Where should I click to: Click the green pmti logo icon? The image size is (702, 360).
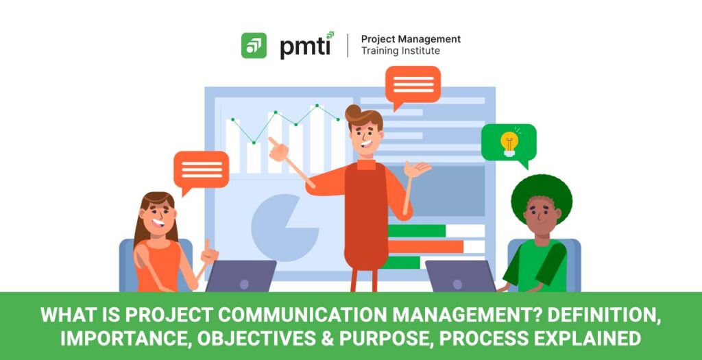click(254, 46)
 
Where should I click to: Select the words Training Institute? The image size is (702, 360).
click(400, 51)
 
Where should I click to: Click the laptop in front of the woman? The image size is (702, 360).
click(241, 276)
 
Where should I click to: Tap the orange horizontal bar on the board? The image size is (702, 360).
click(425, 247)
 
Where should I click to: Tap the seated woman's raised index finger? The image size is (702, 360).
click(207, 245)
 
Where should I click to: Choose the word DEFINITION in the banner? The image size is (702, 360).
click(601, 316)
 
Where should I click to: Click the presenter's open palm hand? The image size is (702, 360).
click(417, 169)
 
